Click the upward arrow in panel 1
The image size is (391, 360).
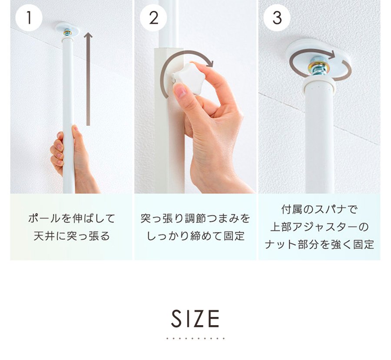point(88,78)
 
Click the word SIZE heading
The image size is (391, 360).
point(195,319)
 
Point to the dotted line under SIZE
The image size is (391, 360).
point(195,338)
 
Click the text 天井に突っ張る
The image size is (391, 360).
point(72,237)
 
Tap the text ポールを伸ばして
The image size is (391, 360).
point(72,218)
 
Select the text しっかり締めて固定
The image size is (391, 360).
point(195,237)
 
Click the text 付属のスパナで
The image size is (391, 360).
point(319,210)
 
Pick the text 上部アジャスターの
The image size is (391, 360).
point(319,227)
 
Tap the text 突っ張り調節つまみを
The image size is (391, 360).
point(195,218)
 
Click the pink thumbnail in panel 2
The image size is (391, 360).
point(180,91)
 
